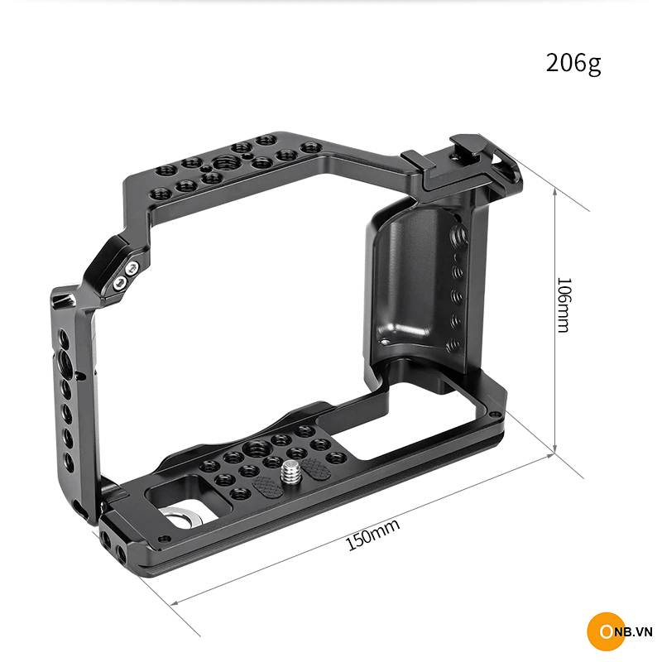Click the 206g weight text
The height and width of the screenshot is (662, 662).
[573, 64]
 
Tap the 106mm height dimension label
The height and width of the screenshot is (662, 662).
[564, 305]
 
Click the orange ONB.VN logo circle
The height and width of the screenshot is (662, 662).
[606, 631]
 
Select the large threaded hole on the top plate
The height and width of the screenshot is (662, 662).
[225, 162]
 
